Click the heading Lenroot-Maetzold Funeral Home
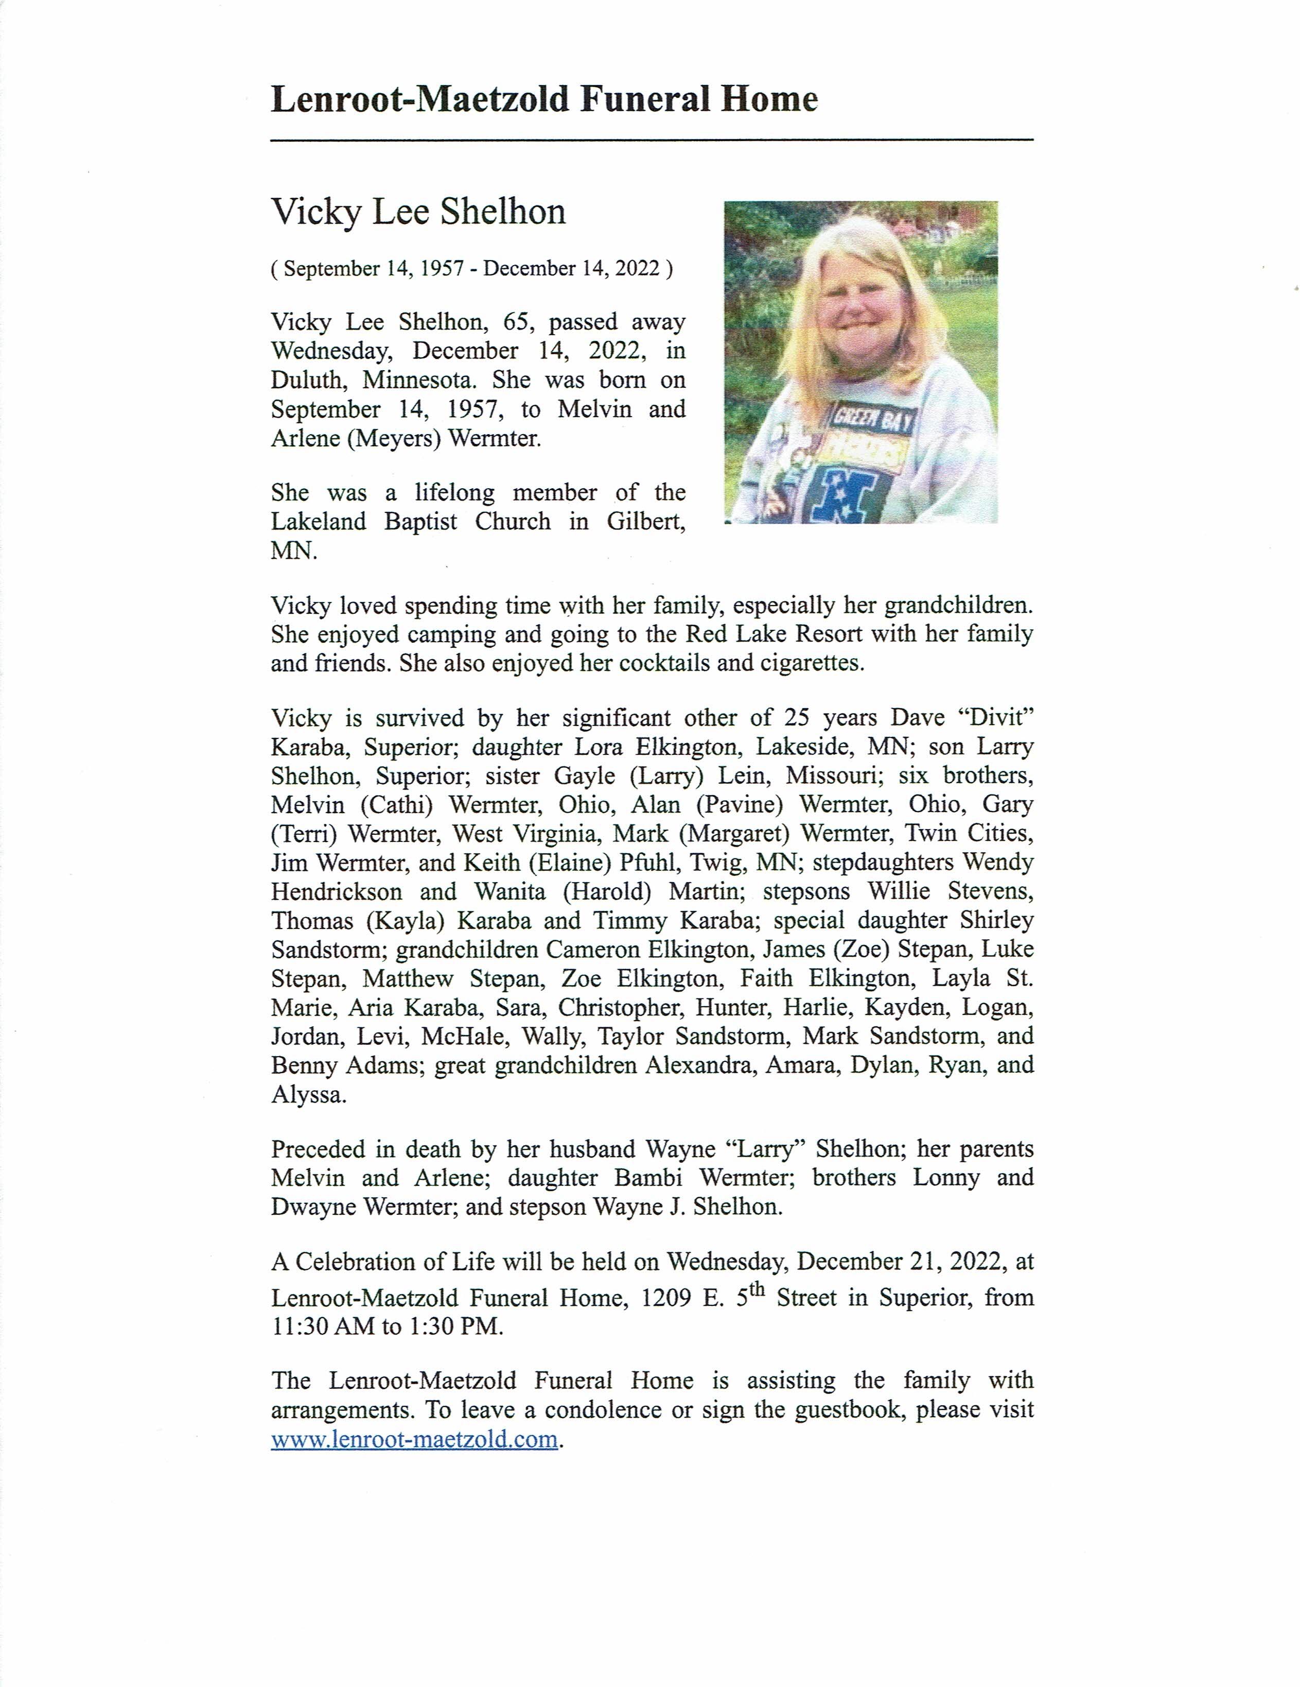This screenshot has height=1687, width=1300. click(x=543, y=100)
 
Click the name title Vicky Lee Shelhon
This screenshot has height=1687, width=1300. click(x=418, y=212)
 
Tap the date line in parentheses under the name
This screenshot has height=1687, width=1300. click(x=471, y=269)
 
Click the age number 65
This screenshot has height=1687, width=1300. click(x=515, y=321)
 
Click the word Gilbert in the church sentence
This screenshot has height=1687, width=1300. click(x=644, y=521)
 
